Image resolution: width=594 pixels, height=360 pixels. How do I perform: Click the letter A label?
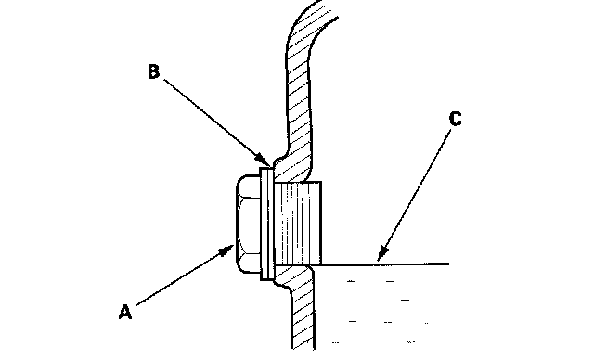(x=125, y=313)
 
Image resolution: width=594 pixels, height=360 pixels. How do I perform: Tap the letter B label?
(x=153, y=71)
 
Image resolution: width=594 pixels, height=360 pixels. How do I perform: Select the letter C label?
(x=456, y=119)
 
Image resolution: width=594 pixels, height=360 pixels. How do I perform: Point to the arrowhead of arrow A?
(x=226, y=251)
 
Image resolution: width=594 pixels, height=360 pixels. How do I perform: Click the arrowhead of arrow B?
(x=264, y=160)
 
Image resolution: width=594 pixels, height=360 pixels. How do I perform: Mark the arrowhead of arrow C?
(x=382, y=253)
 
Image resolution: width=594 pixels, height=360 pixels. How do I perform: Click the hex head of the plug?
(x=249, y=224)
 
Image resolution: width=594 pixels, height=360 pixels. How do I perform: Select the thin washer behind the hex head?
(x=266, y=224)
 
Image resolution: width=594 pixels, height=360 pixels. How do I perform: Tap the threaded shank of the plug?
(x=297, y=223)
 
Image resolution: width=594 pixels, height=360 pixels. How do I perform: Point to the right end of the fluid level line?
(x=449, y=264)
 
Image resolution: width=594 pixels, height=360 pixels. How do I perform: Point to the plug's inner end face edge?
(x=321, y=223)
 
